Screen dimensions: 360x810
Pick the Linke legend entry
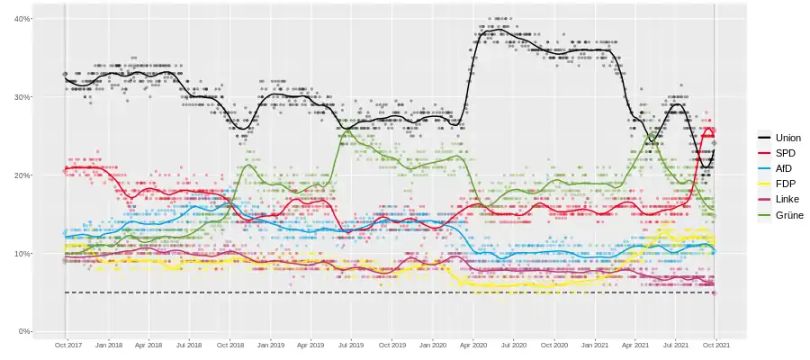coord(779,199)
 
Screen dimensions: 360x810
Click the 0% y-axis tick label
coord(22,332)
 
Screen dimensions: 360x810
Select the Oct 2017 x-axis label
coord(69,345)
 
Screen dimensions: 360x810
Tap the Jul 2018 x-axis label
coord(189,345)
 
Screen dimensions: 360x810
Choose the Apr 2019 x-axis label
coord(310,345)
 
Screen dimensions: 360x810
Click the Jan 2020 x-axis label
coord(433,345)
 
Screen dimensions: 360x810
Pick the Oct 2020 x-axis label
coord(554,345)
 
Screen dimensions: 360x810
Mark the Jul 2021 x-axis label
coord(675,345)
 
